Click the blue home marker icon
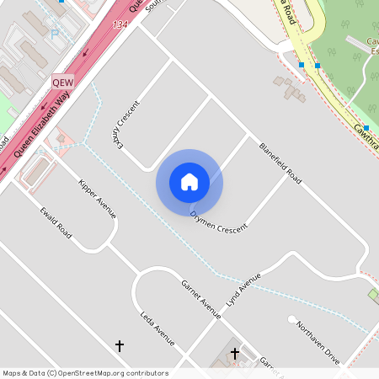(189, 182)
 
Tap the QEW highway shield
(63, 83)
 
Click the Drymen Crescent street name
(219, 222)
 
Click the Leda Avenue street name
(157, 328)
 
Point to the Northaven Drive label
(317, 342)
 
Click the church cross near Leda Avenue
(119, 345)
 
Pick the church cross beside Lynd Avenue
(234, 354)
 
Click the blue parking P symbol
(56, 35)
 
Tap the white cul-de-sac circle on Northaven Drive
(292, 320)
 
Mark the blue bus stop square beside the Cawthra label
(366, 127)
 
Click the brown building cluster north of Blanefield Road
(289, 88)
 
